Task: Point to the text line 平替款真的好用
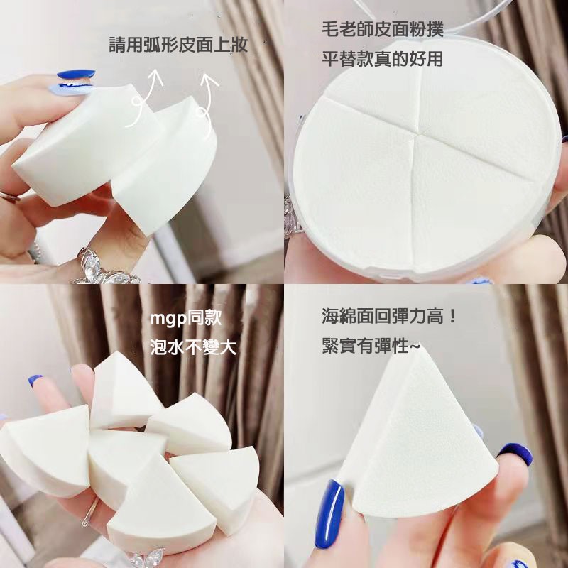pos(381,59)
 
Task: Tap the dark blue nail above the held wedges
pos(75,75)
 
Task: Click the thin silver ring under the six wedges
pos(89,511)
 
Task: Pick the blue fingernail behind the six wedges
pos(35,381)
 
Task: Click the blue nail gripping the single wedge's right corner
pos(515,453)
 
